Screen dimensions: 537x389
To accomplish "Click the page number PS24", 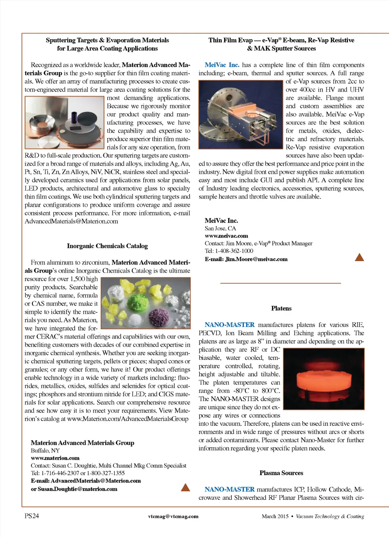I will click(32, 516).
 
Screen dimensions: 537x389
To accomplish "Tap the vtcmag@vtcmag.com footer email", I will click(173, 516).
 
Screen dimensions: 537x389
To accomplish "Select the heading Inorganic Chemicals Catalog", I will click(107, 246).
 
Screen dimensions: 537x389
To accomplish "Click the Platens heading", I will click(281, 308).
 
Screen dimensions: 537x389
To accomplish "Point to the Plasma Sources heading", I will click(281, 473).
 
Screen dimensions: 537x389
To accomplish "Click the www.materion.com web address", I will click(55, 458).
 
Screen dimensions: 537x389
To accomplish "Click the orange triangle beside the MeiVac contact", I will click(359, 257).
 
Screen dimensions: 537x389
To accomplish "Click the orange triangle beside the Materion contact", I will click(185, 487).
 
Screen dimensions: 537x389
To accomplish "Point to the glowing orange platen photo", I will click(324, 379).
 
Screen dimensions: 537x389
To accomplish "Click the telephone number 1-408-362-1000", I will click(234, 251).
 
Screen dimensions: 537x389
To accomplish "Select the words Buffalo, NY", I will click(45, 450).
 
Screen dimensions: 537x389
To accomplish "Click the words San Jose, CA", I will click(220, 228).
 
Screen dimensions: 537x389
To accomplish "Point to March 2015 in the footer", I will click(275, 516).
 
